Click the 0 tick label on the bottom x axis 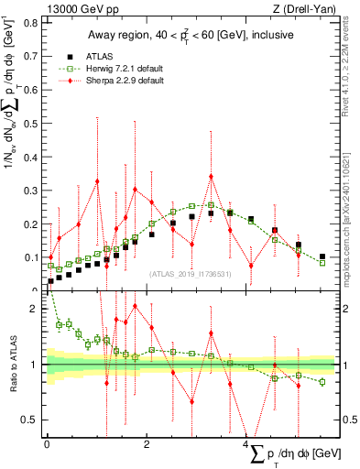pos(47,444)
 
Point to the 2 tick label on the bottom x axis pos(147,444)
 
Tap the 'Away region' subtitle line pos(191,36)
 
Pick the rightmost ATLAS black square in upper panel pos(322,256)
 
